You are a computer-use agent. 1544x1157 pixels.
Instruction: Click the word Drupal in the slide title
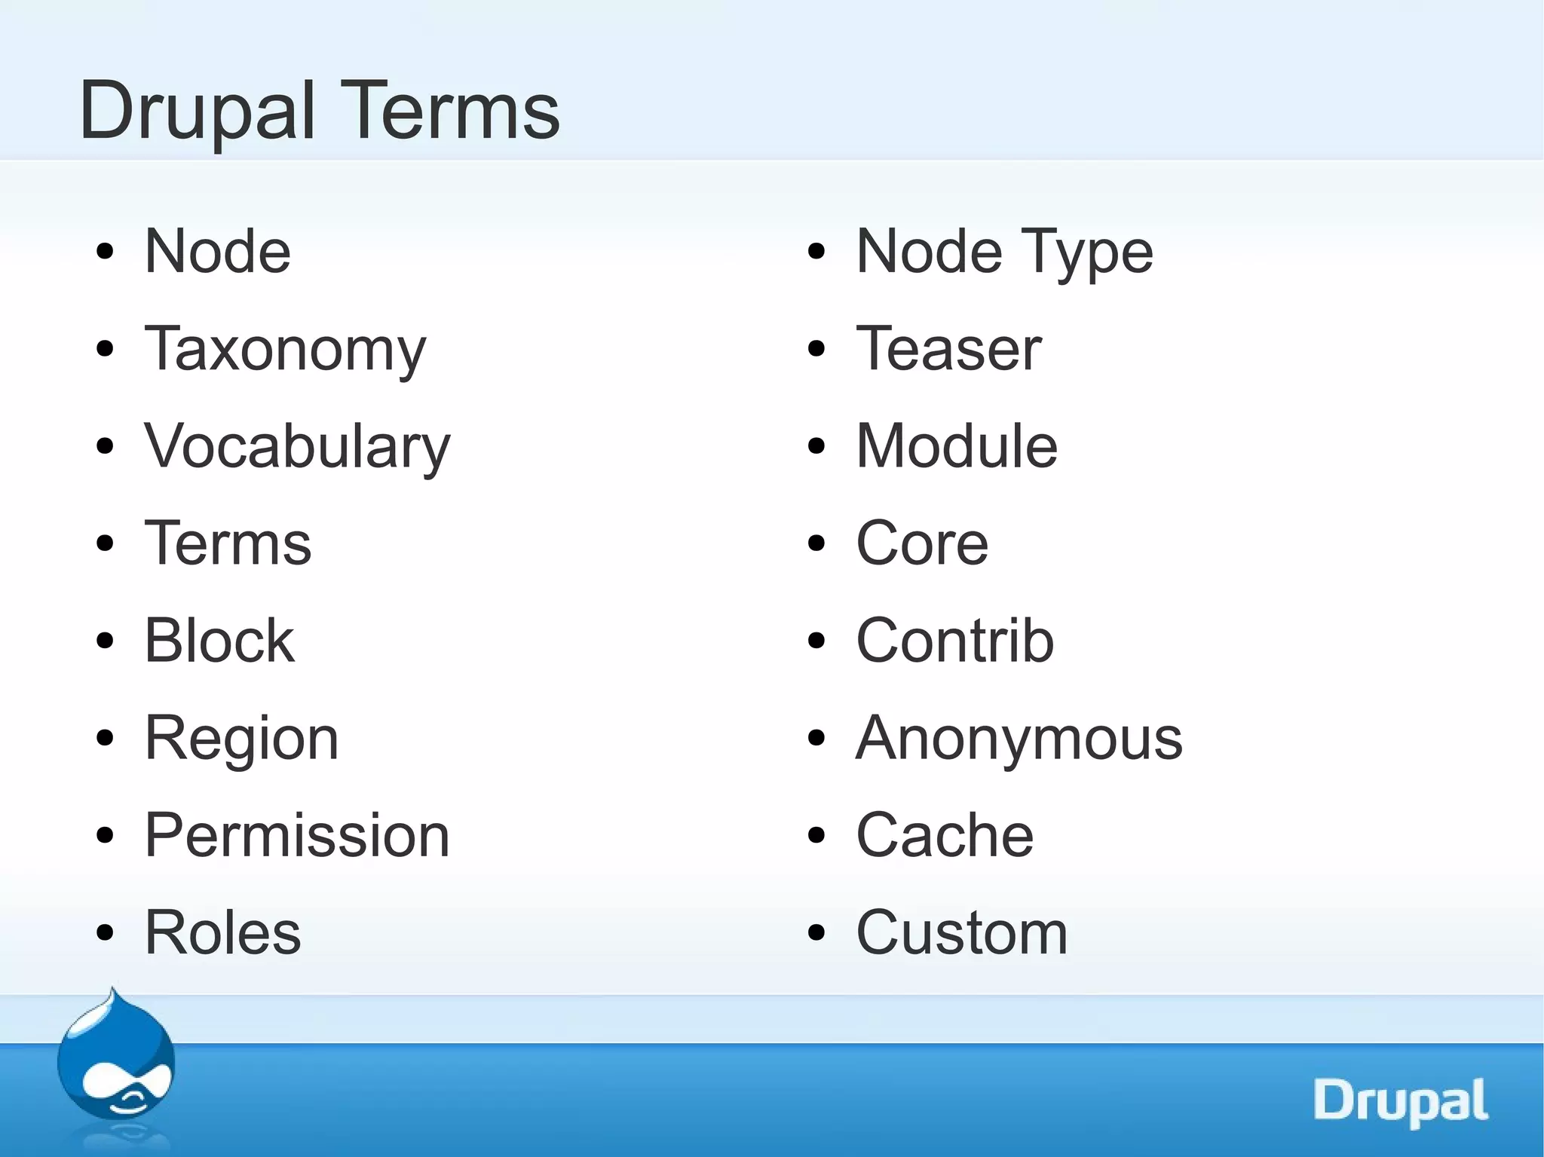tap(197, 112)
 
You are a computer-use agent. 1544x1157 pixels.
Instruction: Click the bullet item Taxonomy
tap(285, 349)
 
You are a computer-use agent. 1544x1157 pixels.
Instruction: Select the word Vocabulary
tap(297, 446)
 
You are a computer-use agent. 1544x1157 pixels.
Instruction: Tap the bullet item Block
tap(219, 641)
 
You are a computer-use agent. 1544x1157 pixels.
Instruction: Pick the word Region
tap(241, 739)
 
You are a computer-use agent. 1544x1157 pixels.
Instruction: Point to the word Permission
tap(297, 835)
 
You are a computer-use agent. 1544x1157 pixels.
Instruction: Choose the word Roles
tap(222, 932)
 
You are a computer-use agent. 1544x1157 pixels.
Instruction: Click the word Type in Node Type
tap(1086, 253)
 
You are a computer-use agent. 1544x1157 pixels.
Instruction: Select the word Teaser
tap(948, 349)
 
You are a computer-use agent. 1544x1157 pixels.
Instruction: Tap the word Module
tap(957, 446)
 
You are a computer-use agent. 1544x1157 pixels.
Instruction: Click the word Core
tap(921, 543)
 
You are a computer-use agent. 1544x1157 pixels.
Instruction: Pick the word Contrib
tap(954, 641)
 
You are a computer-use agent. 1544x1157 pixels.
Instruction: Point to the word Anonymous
tap(1019, 739)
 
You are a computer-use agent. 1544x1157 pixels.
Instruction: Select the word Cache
tap(945, 835)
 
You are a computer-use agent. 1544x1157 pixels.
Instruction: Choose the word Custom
tap(962, 932)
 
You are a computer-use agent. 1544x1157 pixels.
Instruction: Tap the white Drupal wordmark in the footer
tap(1400, 1101)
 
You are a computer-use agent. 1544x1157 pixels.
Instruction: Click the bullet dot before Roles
tap(105, 933)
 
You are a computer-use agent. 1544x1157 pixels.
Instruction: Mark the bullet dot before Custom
tap(816, 933)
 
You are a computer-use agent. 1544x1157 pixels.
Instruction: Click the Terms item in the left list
tap(228, 543)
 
